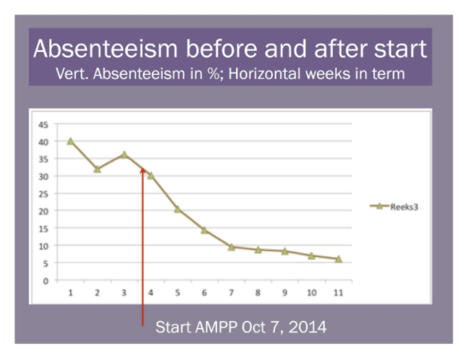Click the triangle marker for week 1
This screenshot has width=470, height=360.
tap(70, 141)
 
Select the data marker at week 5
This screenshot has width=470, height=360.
tap(177, 209)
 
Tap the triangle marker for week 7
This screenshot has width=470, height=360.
tap(231, 247)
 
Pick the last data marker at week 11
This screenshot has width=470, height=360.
tap(338, 259)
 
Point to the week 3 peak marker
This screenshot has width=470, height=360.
tap(124, 155)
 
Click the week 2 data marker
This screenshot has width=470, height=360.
tap(97, 169)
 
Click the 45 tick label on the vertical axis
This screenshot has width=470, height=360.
tap(43, 125)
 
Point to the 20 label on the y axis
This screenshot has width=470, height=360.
tap(43, 212)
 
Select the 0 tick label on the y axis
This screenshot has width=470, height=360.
tap(45, 281)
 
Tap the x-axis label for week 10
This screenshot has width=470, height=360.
tap(312, 293)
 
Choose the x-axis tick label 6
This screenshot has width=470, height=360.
tap(204, 293)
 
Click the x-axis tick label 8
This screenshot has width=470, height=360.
tap(258, 293)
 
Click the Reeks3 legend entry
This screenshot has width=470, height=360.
tap(394, 207)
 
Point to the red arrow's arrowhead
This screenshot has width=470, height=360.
tap(143, 171)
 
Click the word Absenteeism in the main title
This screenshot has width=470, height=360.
tap(105, 49)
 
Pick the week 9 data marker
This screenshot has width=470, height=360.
tap(285, 251)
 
